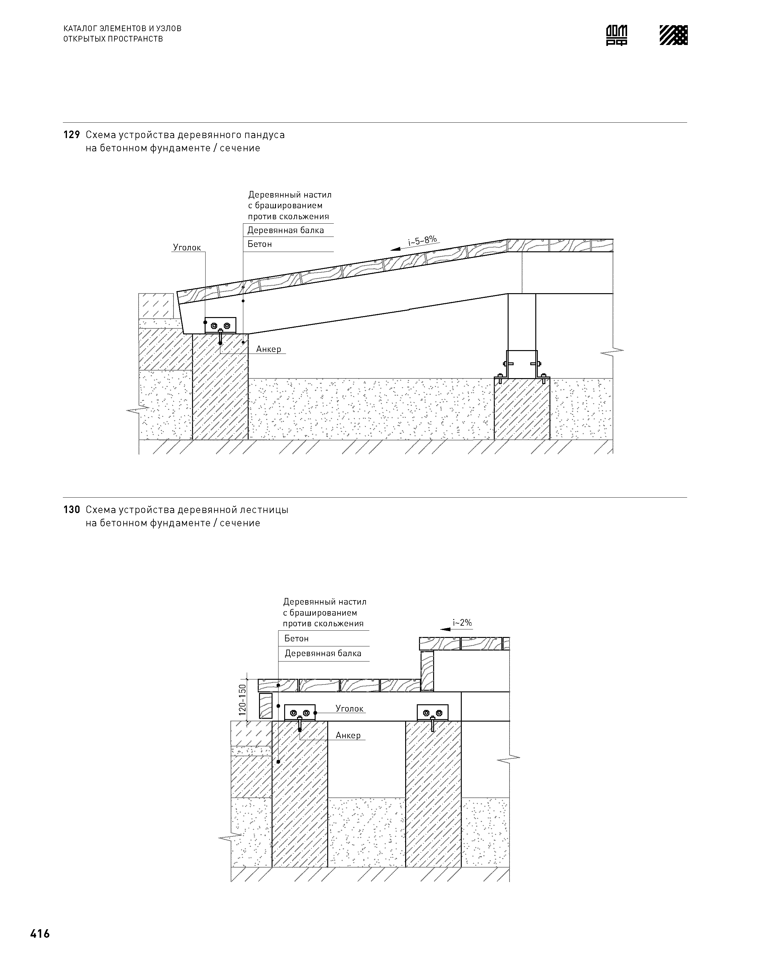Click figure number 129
pos(71,135)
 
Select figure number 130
pos(71,510)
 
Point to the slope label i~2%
pos(462,623)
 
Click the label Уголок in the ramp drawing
pos(187,248)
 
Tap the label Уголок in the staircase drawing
pos(349,708)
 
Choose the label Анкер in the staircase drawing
pos(348,735)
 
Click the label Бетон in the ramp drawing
pos(260,244)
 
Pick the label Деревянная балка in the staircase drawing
pos(323,654)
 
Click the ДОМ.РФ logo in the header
pos(617,35)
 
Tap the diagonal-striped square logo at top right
pos(673,35)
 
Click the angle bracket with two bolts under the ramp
pos(220,326)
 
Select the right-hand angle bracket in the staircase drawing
pos(432,713)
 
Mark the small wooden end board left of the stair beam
pos(266,706)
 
